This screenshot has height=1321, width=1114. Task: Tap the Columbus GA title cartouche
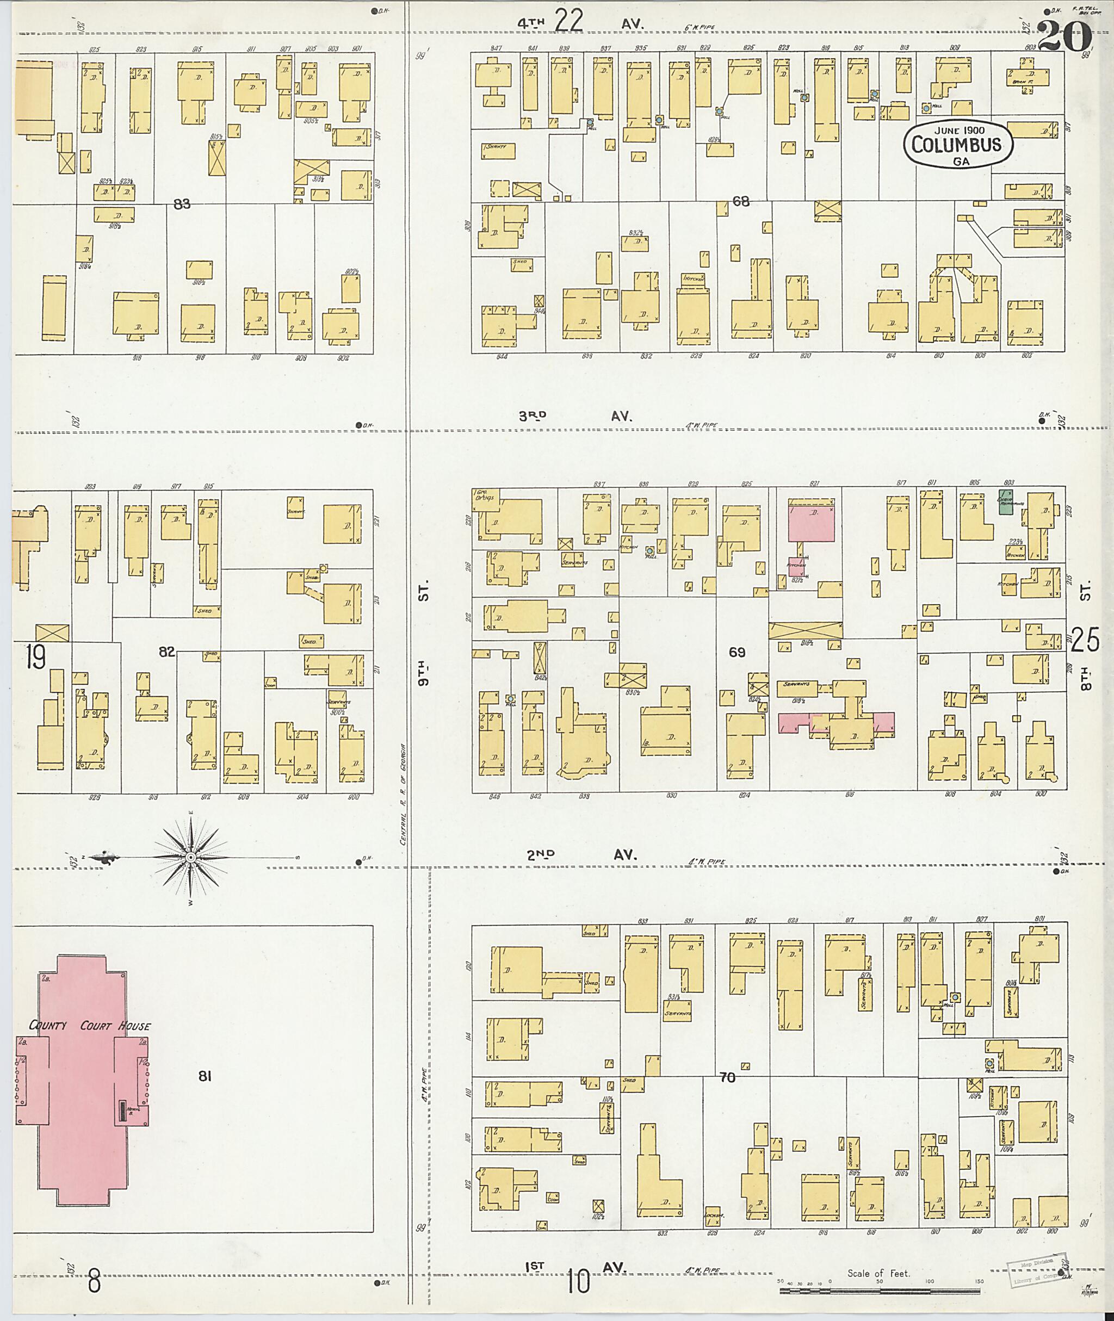click(x=956, y=145)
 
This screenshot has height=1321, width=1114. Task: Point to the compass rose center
click(x=190, y=857)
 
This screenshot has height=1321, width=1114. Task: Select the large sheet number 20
click(x=1064, y=36)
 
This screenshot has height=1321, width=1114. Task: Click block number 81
click(x=204, y=1076)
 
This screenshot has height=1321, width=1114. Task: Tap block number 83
click(x=182, y=204)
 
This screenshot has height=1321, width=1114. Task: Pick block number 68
click(x=741, y=201)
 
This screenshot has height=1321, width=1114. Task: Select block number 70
click(x=727, y=1077)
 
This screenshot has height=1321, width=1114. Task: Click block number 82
click(x=167, y=652)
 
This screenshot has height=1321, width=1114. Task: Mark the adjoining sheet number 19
click(x=35, y=659)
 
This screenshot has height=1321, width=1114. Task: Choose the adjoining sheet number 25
click(x=1085, y=640)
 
